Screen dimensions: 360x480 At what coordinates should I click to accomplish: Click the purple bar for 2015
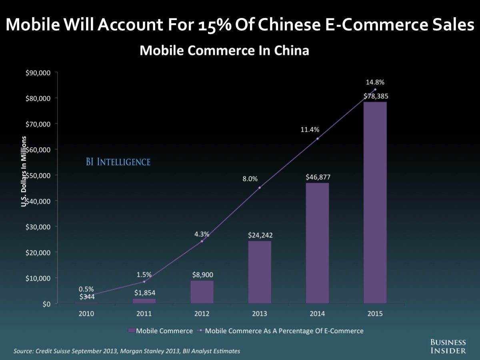coord(375,202)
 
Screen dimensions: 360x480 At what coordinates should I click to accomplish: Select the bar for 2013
coord(260,272)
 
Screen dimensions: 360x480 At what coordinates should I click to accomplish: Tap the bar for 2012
coord(202,292)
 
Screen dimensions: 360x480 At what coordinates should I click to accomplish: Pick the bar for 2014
coord(317,243)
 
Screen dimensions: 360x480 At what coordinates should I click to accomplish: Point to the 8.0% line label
coord(250,179)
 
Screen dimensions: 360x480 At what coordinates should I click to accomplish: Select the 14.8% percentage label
coord(375,82)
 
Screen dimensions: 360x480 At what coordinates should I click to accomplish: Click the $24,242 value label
coord(260,235)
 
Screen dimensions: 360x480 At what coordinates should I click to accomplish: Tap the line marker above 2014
coord(317,139)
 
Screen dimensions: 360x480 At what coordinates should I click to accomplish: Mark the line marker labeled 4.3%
coord(202,241)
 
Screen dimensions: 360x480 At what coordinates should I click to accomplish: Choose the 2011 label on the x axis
coord(144,314)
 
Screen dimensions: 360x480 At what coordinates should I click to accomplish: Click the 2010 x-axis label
coord(86,314)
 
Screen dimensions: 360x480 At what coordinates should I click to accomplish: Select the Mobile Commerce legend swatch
coord(131,331)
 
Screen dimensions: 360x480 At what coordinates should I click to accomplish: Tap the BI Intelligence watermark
coord(118,162)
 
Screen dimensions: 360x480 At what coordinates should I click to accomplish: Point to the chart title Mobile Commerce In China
coord(224,51)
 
